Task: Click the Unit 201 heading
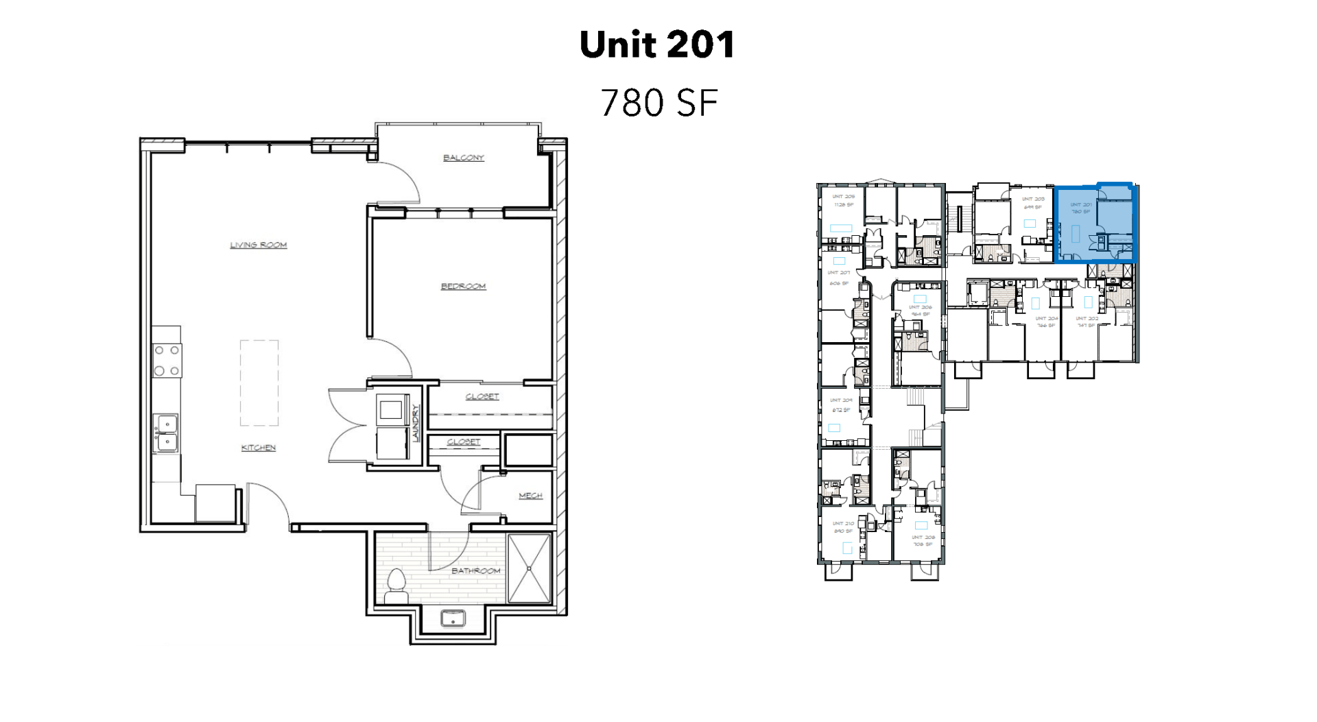[x=657, y=45]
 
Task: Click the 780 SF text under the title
[x=658, y=103]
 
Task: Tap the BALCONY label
[x=463, y=158]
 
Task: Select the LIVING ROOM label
[x=258, y=245]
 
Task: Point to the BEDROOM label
[x=463, y=286]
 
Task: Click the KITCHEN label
[x=258, y=448]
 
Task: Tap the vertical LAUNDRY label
[x=416, y=422]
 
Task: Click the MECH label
[x=530, y=495]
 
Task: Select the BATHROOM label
[x=475, y=570]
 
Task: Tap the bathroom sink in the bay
[x=453, y=618]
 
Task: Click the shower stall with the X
[x=529, y=568]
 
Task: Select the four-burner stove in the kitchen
[x=167, y=361]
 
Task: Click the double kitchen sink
[x=166, y=433]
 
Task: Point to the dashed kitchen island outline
[x=259, y=383]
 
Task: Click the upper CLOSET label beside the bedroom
[x=482, y=396]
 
